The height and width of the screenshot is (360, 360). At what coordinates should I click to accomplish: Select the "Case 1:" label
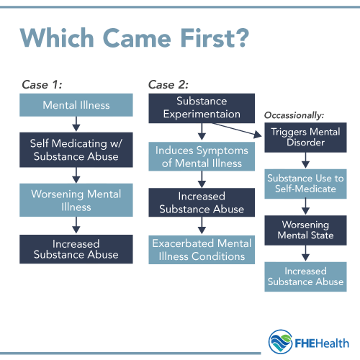pyautogui.click(x=41, y=85)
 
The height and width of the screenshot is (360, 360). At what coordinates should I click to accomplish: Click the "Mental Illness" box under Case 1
pyautogui.click(x=76, y=105)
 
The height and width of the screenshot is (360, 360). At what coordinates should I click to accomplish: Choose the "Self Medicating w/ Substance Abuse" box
pyautogui.click(x=76, y=149)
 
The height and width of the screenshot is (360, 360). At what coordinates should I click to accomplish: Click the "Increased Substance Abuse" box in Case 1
pyautogui.click(x=76, y=250)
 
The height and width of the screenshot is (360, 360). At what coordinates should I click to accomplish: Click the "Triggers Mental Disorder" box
pyautogui.click(x=305, y=138)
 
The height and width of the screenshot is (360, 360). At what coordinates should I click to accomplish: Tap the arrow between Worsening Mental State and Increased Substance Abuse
pyautogui.click(x=305, y=252)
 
